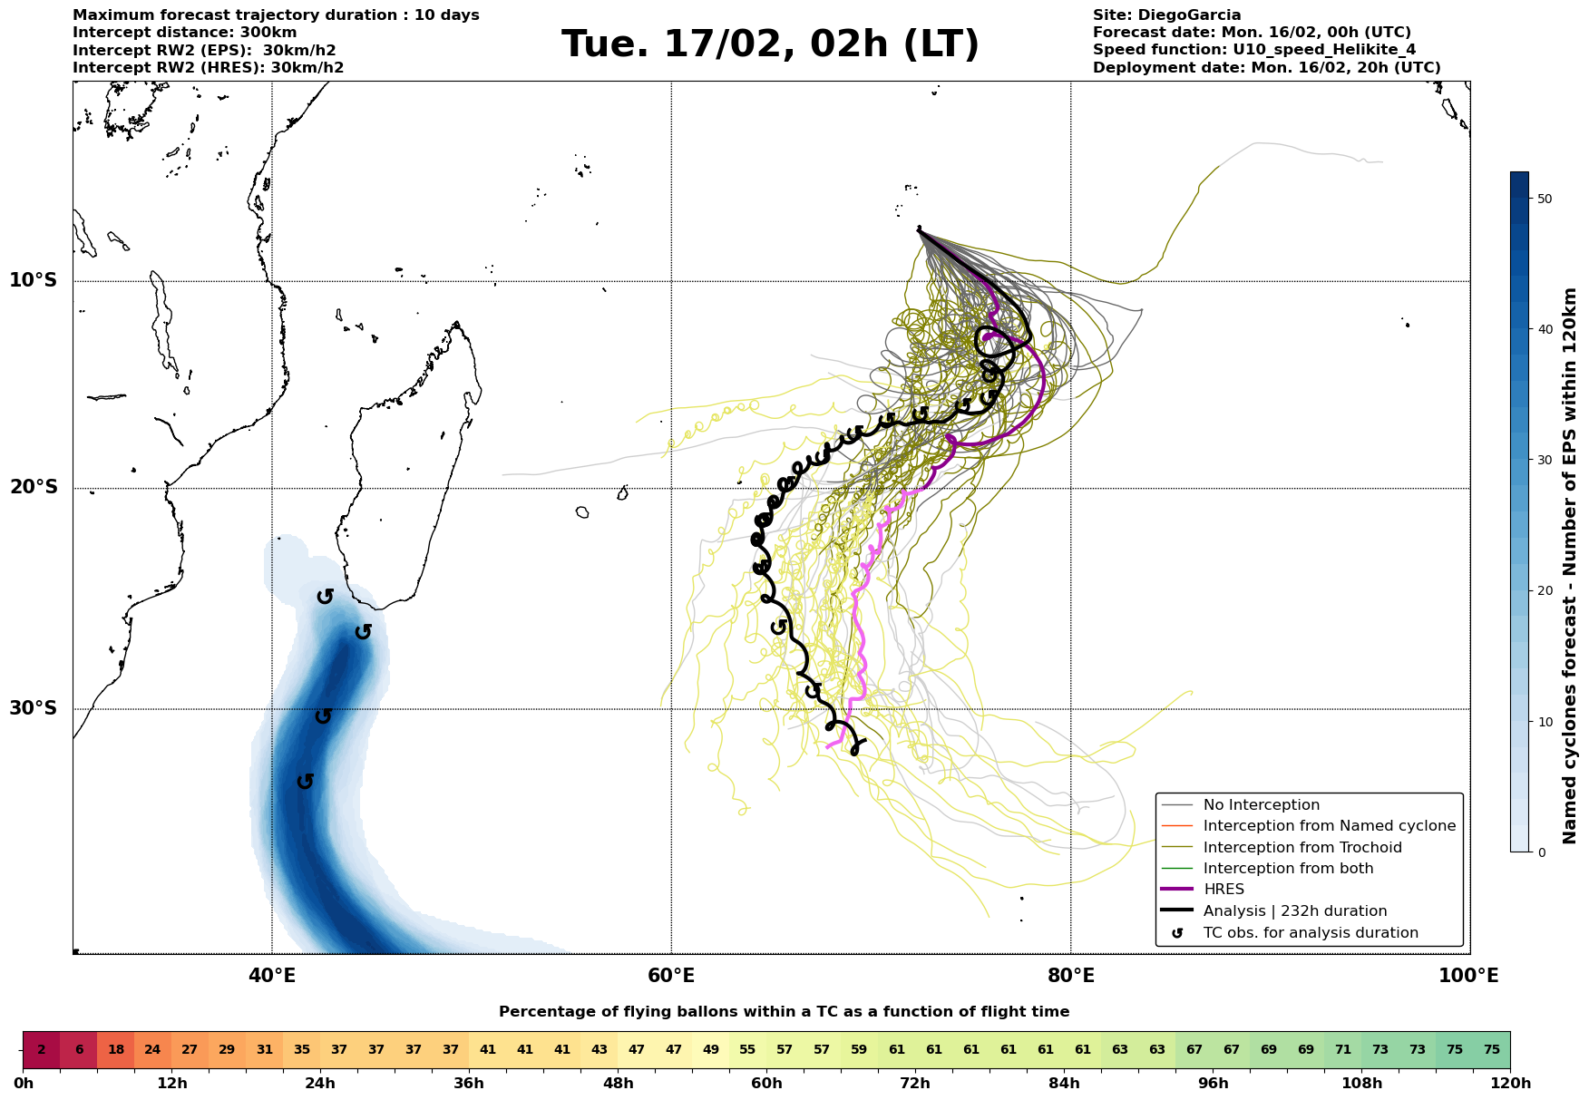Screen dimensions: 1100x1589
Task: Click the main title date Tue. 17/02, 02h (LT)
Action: pyautogui.click(x=770, y=44)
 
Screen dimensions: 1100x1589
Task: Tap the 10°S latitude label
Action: pyautogui.click(x=34, y=280)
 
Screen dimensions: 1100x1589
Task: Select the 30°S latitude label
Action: pyautogui.click(x=34, y=708)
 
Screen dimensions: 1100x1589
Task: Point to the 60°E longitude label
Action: pyautogui.click(x=671, y=976)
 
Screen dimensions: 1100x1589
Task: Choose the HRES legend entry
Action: pyautogui.click(x=1223, y=890)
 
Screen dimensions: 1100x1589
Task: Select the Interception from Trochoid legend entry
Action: pyautogui.click(x=1301, y=848)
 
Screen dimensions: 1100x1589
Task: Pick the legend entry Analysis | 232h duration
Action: pyautogui.click(x=1294, y=911)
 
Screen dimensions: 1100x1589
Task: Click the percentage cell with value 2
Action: pyautogui.click(x=42, y=1050)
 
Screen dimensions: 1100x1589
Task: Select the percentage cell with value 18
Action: pyautogui.click(x=116, y=1050)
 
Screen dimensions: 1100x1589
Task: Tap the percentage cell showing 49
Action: pyautogui.click(x=711, y=1050)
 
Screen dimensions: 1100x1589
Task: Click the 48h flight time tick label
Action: pyautogui.click(x=618, y=1084)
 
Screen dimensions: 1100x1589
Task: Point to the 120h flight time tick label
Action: pyautogui.click(x=1509, y=1084)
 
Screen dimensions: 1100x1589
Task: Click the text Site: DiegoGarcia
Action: pyautogui.click(x=1166, y=15)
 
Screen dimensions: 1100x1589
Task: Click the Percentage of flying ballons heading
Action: pyautogui.click(x=784, y=1012)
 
